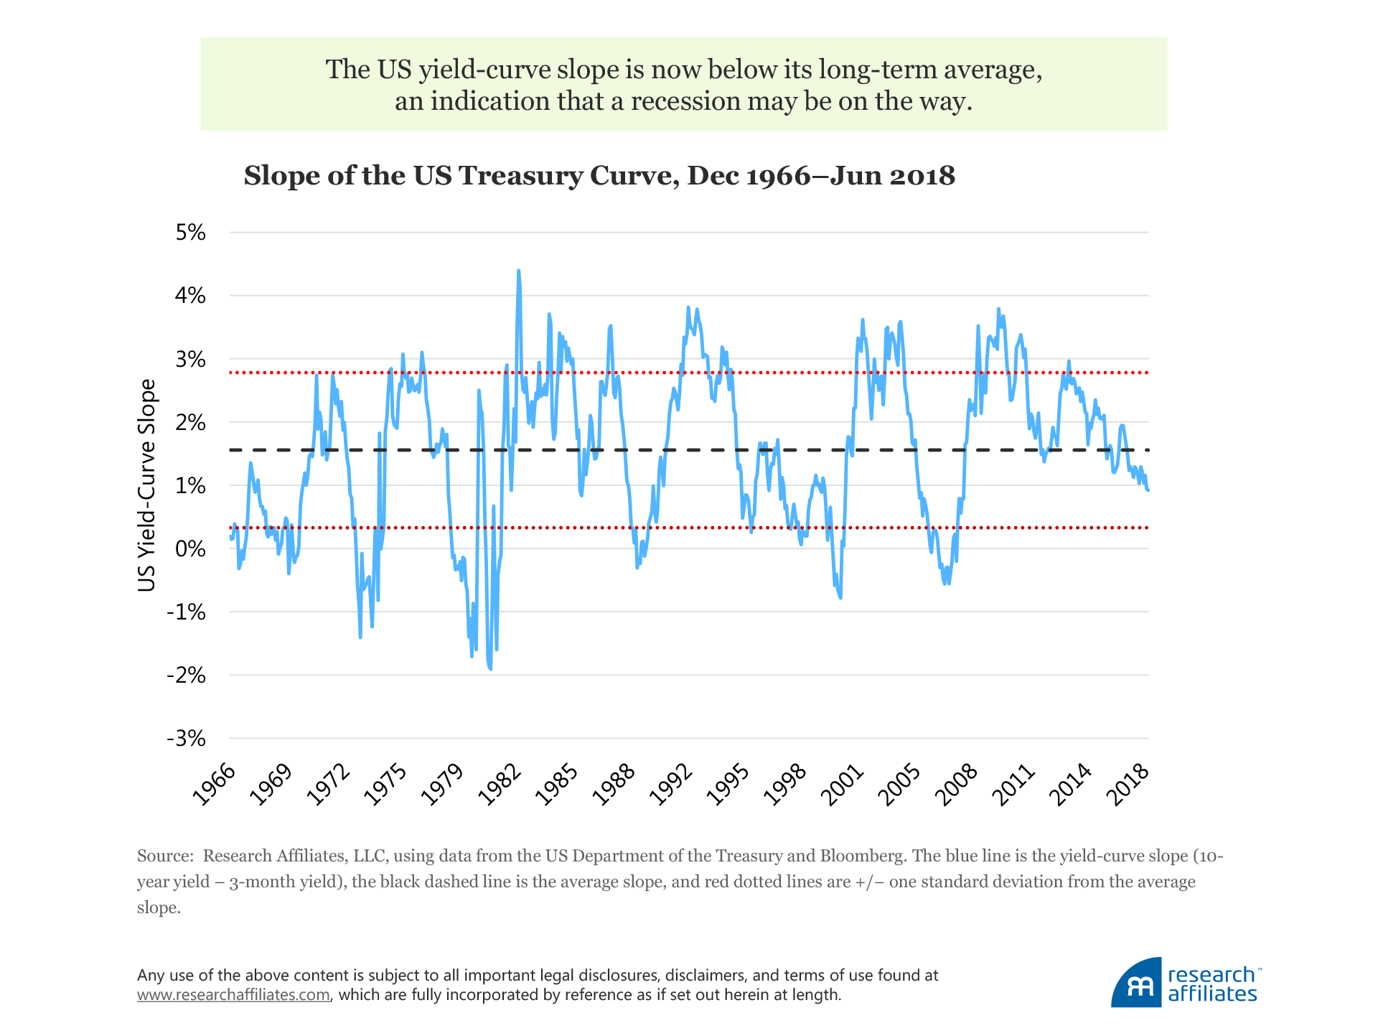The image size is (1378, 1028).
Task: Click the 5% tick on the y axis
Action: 190,233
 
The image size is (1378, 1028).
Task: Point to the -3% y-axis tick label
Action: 186,739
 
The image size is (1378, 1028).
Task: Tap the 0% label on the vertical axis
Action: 190,549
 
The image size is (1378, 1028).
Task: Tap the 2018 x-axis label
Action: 1130,784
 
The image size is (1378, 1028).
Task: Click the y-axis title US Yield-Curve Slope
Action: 146,485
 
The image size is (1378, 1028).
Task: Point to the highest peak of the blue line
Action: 518,271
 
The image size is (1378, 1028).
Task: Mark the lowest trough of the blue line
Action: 490,669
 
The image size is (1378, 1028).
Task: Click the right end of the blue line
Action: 1148,490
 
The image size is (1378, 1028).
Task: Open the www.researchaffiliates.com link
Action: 233,995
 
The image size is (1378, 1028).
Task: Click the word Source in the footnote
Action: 164,856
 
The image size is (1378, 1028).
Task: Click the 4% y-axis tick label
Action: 190,296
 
